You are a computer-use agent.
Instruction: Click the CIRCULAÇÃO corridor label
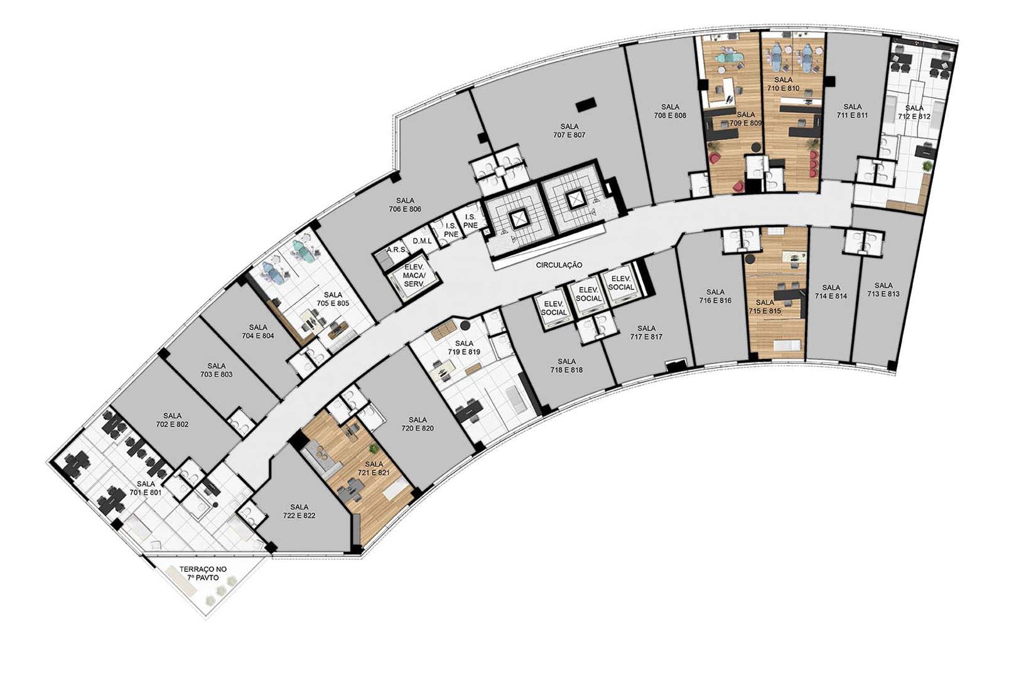tap(559, 265)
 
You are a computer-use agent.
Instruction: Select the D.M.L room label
tap(422, 241)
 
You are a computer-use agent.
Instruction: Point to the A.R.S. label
tap(397, 250)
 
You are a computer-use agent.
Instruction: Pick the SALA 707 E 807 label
tap(569, 131)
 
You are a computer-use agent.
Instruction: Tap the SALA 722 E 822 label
tap(299, 511)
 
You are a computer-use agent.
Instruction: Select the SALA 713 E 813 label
tap(883, 289)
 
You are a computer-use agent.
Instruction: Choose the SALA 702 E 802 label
tap(172, 420)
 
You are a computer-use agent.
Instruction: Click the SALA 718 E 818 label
tap(566, 365)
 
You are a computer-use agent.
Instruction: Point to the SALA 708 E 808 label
tap(671, 111)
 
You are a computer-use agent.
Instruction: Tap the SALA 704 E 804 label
tap(257, 331)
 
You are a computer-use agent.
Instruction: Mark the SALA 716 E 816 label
tap(715, 296)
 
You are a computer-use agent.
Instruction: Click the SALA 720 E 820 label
tap(418, 424)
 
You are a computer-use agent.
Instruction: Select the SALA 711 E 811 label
tap(852, 111)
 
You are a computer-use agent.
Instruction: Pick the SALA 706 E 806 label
tap(405, 205)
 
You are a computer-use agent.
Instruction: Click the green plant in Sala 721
tap(373, 448)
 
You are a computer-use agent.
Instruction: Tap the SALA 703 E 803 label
tap(216, 370)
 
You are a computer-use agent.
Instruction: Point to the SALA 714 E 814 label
tap(831, 291)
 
